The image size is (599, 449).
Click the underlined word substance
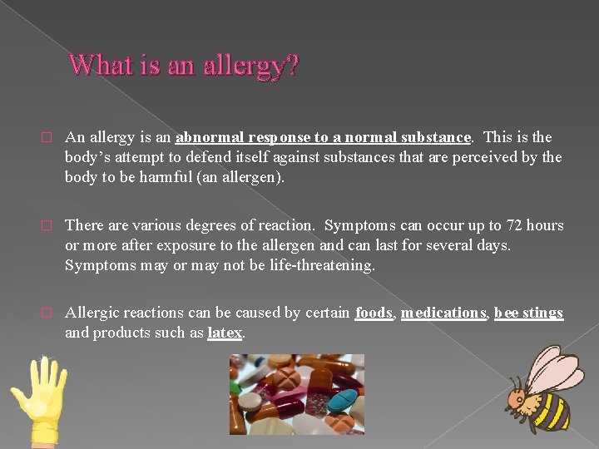438,137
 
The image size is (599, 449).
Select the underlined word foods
374,313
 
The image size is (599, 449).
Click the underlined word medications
443,313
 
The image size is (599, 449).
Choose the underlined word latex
225,333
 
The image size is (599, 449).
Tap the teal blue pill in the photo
340,398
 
